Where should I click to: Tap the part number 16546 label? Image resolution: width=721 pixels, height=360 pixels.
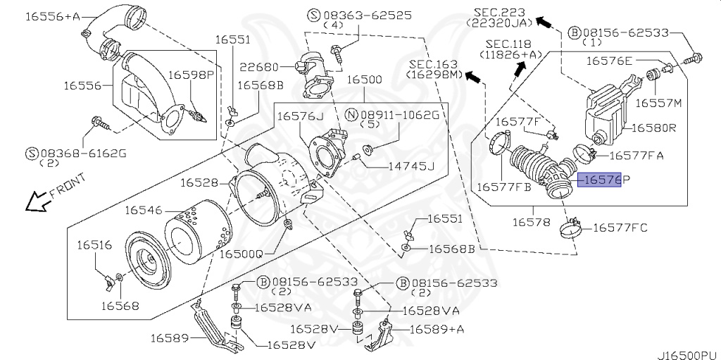(144, 210)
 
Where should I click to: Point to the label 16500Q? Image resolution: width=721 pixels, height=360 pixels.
(241, 253)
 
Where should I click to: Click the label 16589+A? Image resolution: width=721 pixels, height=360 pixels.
(437, 329)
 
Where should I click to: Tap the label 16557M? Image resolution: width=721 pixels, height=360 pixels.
(659, 103)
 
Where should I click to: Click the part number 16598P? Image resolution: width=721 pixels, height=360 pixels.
(190, 74)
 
